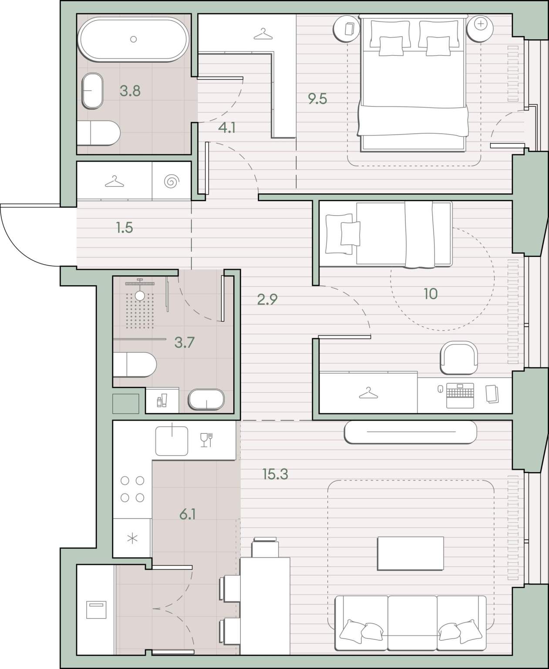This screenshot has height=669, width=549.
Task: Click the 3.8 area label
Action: click(130, 91)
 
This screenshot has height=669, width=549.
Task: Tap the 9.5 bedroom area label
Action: click(317, 99)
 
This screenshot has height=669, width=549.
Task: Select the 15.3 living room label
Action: click(275, 474)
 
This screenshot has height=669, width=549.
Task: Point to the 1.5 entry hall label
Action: click(125, 227)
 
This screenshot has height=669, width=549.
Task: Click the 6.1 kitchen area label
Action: click(187, 514)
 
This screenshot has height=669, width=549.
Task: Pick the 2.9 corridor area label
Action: click(267, 299)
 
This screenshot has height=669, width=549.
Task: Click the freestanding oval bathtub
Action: click(134, 39)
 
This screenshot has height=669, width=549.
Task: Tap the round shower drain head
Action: click(140, 296)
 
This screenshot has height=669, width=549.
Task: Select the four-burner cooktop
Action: click(132, 489)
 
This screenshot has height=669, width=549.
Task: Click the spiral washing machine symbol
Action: click(172, 182)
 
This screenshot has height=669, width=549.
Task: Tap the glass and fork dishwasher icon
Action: click(206, 440)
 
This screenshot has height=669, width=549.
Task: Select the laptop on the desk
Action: click(460, 395)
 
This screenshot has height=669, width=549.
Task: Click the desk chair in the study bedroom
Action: click(459, 358)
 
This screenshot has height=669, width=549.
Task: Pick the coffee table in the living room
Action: click(411, 554)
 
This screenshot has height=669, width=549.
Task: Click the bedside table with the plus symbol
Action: click(480, 29)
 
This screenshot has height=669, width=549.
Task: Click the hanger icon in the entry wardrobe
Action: click(114, 182)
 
